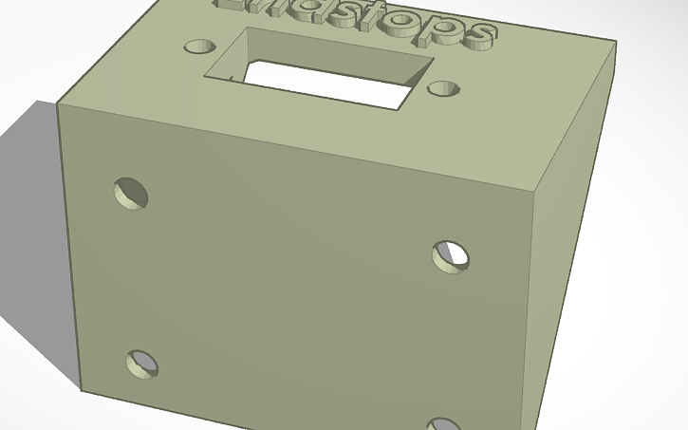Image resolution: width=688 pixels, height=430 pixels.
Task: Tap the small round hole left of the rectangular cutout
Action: click(x=198, y=46)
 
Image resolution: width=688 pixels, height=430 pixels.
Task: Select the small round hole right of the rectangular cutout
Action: click(x=443, y=88)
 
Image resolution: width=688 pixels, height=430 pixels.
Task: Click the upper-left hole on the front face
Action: click(x=131, y=193)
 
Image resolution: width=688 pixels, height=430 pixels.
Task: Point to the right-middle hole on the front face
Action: click(x=450, y=256)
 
